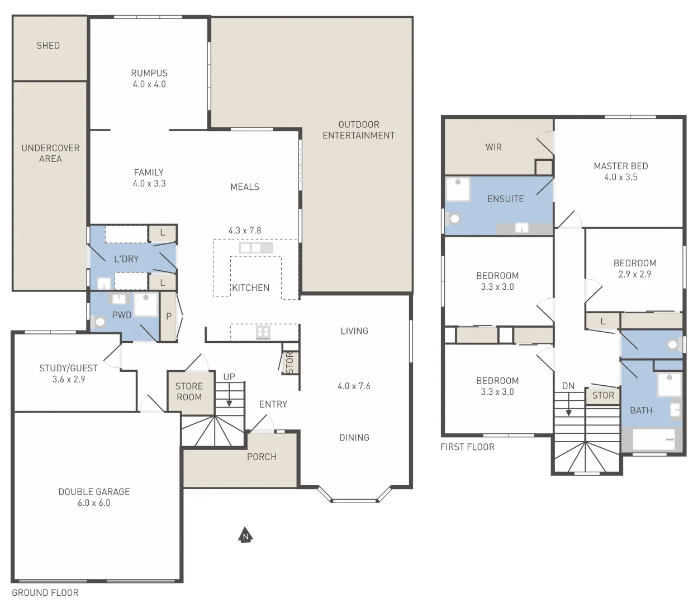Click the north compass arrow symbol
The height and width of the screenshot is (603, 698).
click(x=245, y=535)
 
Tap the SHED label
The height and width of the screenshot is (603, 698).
click(x=48, y=46)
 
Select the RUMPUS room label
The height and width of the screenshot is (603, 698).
click(x=149, y=73)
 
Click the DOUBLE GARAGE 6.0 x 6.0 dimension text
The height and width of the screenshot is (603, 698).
click(x=94, y=503)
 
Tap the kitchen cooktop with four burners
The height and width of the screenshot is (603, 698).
click(x=263, y=333)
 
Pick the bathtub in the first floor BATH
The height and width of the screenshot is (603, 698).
click(x=654, y=439)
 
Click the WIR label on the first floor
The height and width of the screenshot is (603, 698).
click(x=493, y=147)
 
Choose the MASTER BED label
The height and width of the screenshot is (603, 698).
click(x=621, y=166)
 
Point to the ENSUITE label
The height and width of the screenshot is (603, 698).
click(x=505, y=199)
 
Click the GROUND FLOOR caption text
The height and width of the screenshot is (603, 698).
click(x=45, y=593)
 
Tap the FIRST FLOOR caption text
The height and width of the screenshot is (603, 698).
click(x=467, y=447)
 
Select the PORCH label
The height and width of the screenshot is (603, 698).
click(x=262, y=457)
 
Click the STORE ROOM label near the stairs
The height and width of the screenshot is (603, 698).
click(x=189, y=391)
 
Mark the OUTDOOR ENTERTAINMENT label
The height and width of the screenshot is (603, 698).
click(x=358, y=130)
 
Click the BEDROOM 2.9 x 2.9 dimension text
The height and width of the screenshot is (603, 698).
click(x=634, y=274)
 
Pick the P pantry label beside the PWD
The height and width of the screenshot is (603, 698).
click(x=169, y=317)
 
